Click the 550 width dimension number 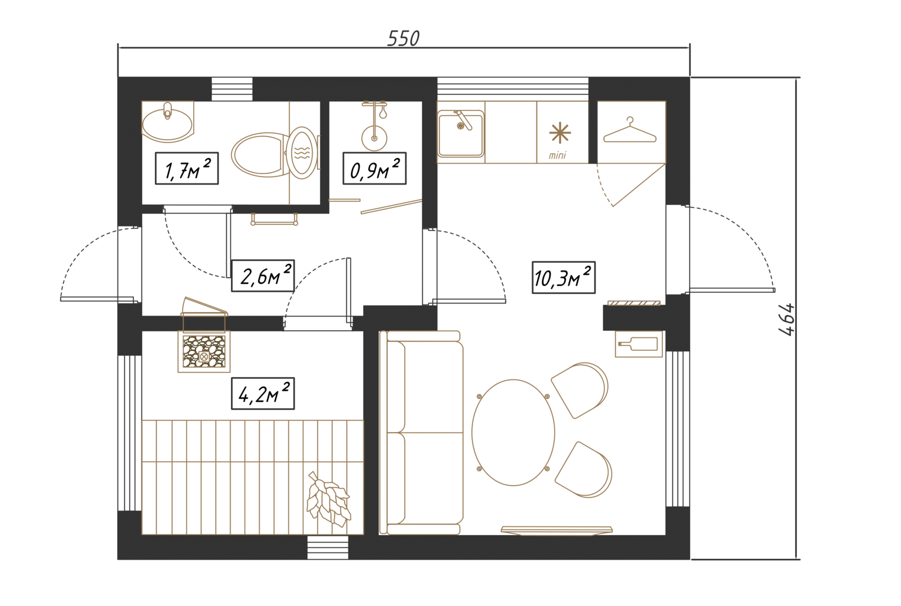click(403, 39)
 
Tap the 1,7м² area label click(187, 168)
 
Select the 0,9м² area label click(374, 168)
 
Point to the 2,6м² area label click(263, 276)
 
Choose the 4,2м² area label click(263, 393)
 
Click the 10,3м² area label click(564, 277)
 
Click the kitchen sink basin click(461, 134)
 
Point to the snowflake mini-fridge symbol click(560, 133)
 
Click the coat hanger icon click(630, 130)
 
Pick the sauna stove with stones click(204, 351)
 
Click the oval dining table click(513, 432)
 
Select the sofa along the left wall click(421, 433)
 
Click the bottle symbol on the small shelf click(638, 344)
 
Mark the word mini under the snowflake click(558, 155)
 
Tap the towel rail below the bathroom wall click(275, 219)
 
